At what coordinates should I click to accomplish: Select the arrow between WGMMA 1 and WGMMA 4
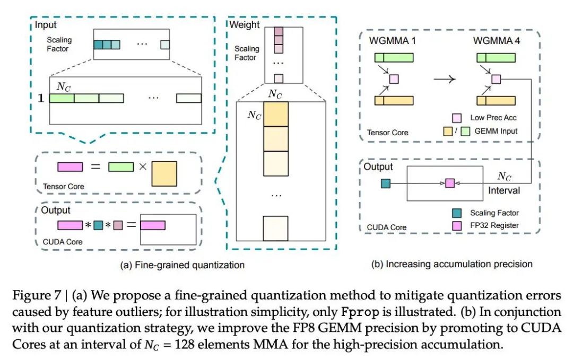pos(445,79)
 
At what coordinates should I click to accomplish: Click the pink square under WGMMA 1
pos(394,79)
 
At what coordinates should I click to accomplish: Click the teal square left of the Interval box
pos(386,183)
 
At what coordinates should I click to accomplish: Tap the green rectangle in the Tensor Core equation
pos(120,167)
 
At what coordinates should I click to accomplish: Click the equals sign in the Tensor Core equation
pos(95,167)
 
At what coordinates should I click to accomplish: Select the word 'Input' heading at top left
pos(47,24)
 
